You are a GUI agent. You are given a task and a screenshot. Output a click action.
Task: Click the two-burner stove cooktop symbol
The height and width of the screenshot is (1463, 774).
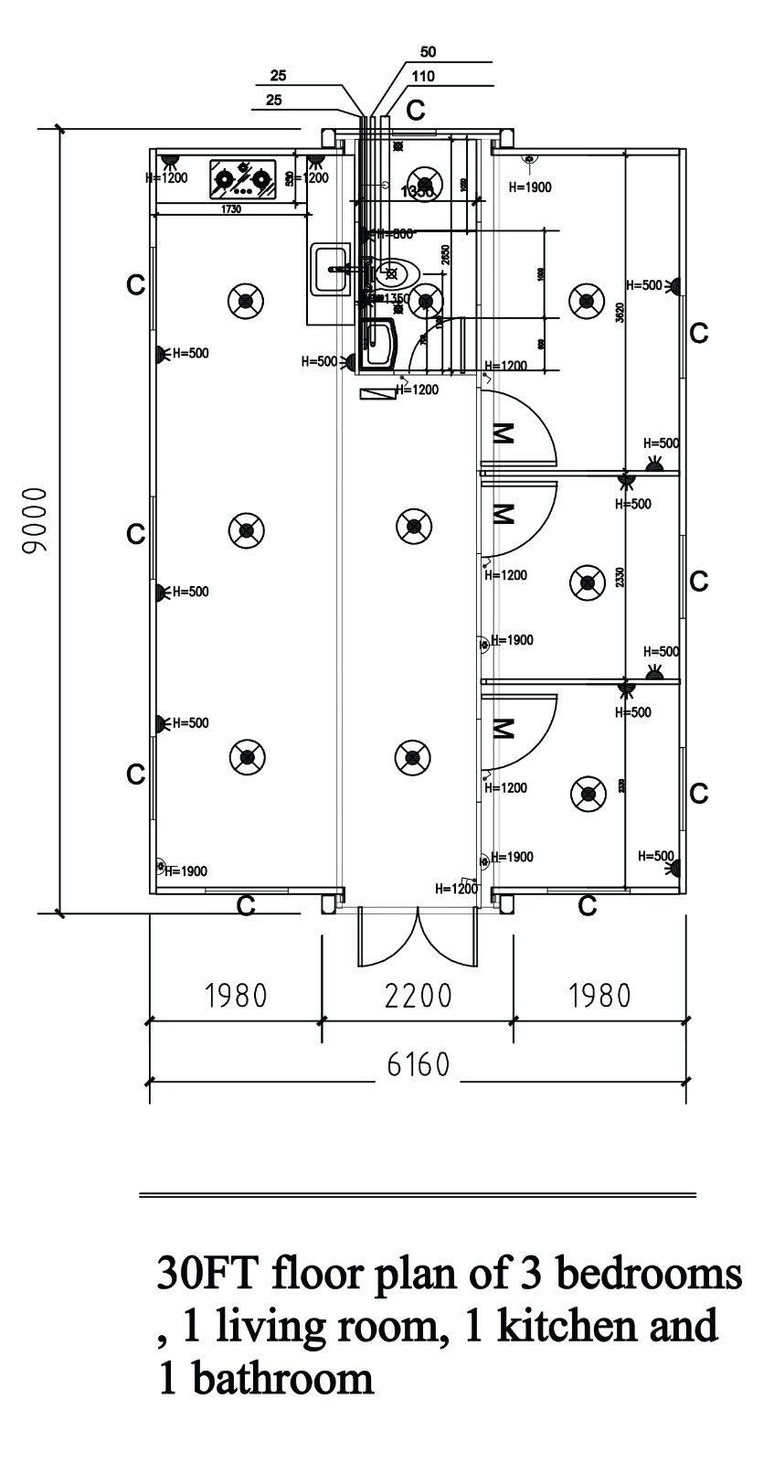click(243, 179)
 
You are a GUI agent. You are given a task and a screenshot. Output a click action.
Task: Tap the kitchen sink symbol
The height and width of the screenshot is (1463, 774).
click(330, 270)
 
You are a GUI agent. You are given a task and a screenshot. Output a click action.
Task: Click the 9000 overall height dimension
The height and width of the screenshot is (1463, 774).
click(35, 521)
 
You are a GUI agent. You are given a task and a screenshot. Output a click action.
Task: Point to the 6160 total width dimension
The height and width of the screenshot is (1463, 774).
click(419, 1064)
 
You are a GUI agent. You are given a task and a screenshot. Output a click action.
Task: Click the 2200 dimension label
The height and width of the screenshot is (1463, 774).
click(419, 995)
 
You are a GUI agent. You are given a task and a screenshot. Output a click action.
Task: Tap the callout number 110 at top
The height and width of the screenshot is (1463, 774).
click(423, 77)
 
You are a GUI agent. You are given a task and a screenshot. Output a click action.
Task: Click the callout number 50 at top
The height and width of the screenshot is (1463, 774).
click(428, 52)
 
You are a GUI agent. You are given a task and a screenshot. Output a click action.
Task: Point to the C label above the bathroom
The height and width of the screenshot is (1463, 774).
click(416, 111)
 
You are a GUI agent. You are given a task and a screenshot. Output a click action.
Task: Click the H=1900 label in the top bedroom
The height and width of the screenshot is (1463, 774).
click(530, 187)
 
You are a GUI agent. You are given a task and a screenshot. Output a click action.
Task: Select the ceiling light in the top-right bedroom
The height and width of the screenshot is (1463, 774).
click(587, 299)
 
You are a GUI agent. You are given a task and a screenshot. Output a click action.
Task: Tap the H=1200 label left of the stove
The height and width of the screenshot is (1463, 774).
click(166, 177)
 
